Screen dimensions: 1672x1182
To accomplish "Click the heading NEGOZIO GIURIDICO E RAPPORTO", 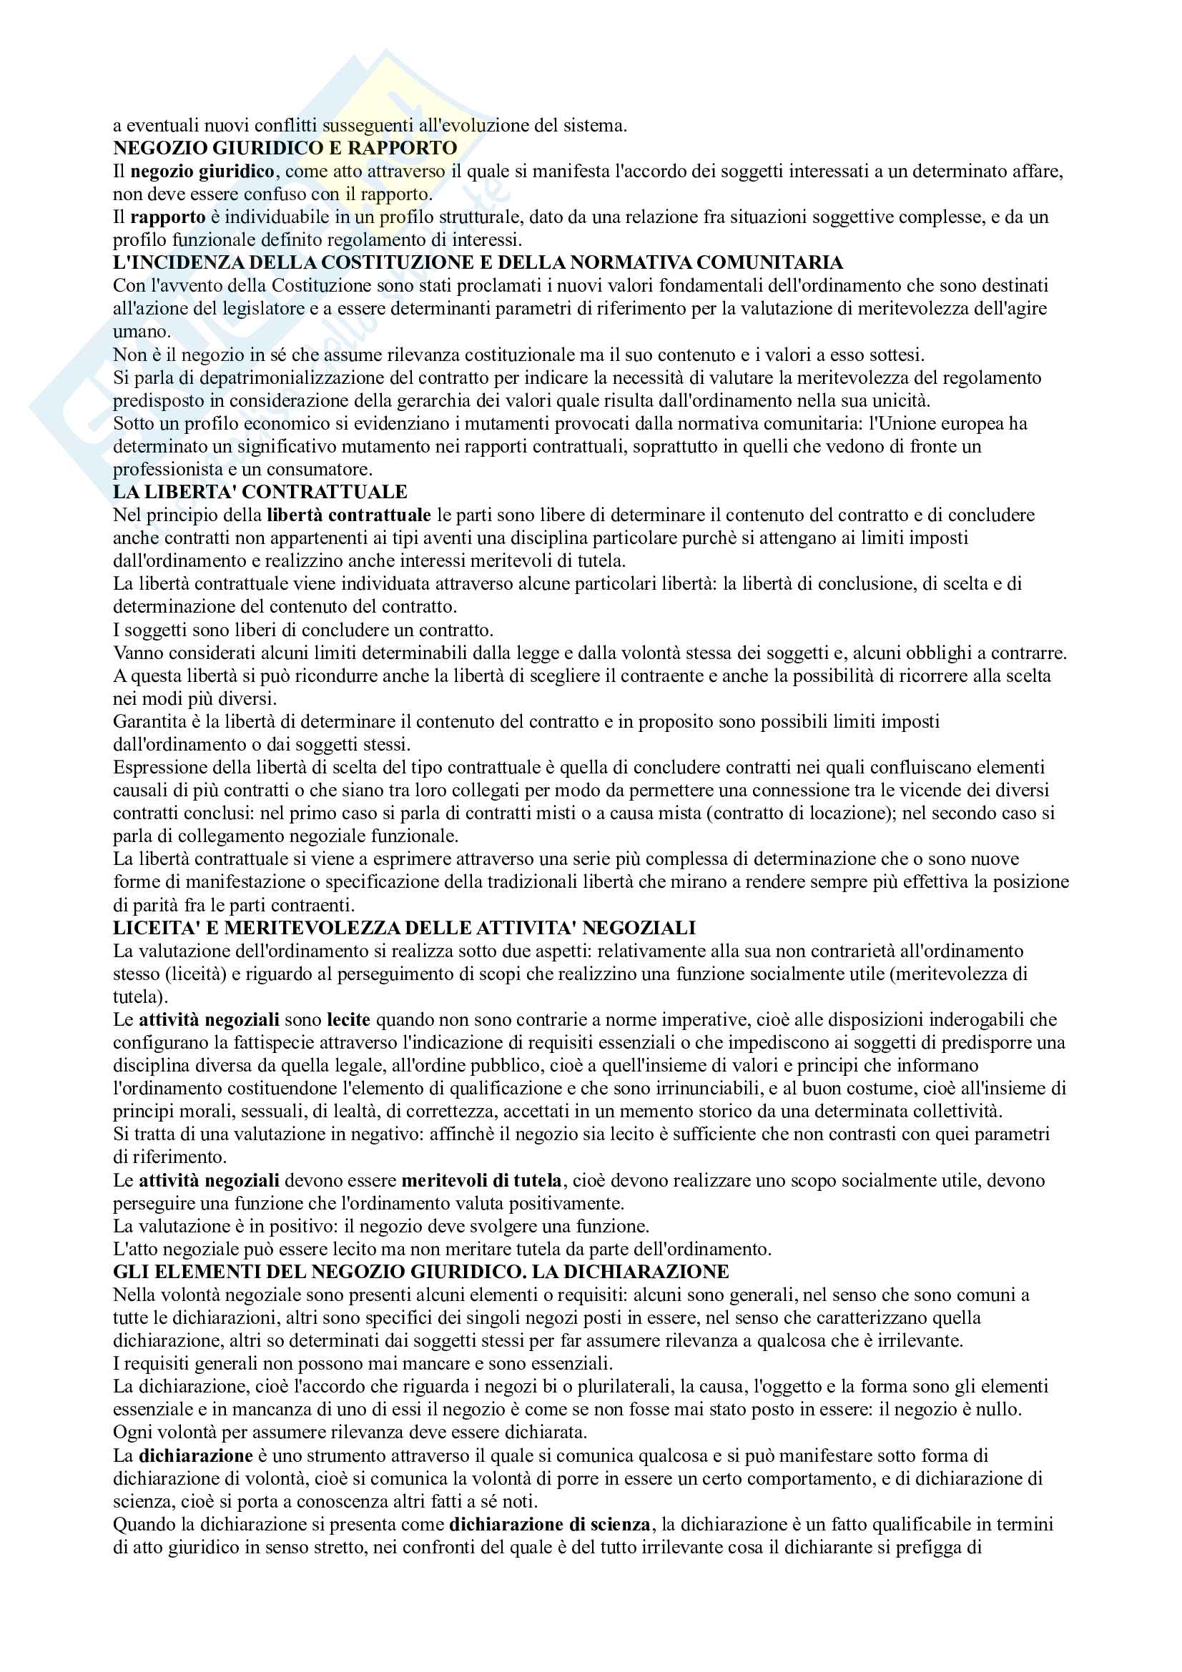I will click(x=285, y=148).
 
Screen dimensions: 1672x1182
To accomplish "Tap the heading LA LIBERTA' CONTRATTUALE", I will click(x=260, y=492).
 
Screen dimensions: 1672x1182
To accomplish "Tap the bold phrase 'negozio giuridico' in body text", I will click(x=202, y=171).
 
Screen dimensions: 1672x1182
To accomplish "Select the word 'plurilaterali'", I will click(x=620, y=1386).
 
